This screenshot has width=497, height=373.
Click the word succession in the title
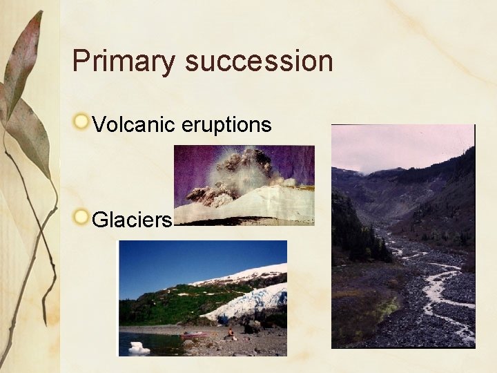point(259,61)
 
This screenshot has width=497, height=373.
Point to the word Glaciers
point(131,220)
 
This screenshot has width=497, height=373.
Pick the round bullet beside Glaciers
point(82,218)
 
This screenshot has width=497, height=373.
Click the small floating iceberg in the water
point(139,347)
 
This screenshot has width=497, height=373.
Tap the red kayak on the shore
point(194,335)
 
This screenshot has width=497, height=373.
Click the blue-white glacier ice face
point(248,303)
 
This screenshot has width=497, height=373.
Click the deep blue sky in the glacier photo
point(179,259)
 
